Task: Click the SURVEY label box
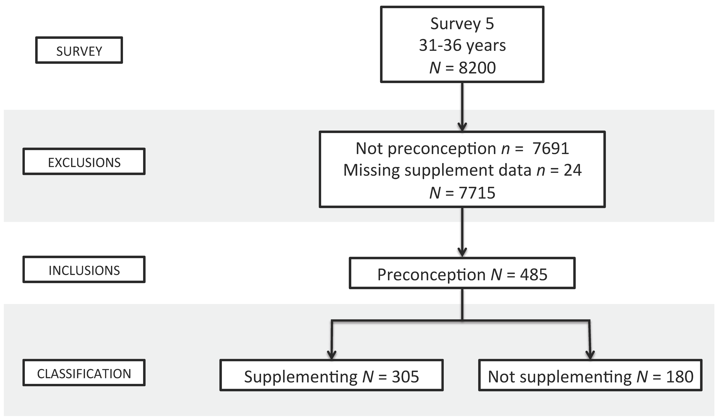point(79,50)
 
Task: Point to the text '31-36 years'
point(462,45)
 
